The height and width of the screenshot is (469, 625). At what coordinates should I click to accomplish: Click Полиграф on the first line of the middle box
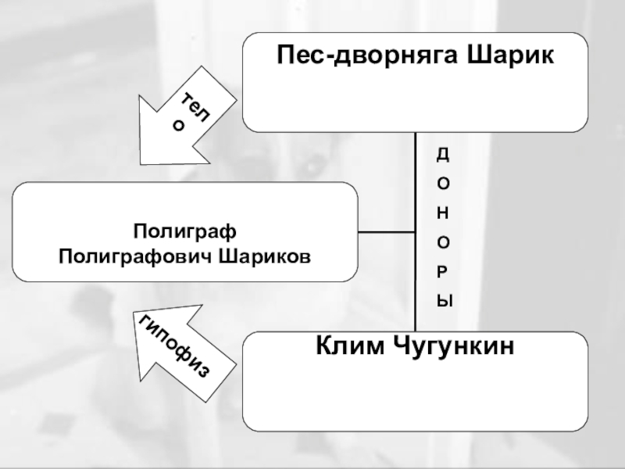[184, 232]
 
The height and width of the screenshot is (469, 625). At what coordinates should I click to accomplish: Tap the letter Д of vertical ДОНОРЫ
[443, 155]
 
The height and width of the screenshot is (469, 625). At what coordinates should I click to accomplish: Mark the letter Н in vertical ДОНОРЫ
[443, 213]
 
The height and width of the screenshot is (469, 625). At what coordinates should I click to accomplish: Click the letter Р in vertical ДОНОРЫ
[443, 271]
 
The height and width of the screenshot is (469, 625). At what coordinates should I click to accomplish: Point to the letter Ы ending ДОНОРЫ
[444, 300]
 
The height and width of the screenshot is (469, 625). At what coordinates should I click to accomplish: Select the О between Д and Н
[443, 184]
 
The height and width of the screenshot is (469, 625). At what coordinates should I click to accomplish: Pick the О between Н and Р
[443, 242]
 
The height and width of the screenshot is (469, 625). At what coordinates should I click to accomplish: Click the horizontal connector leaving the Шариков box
[387, 232]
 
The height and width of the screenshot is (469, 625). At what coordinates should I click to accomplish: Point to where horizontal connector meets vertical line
[416, 232]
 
